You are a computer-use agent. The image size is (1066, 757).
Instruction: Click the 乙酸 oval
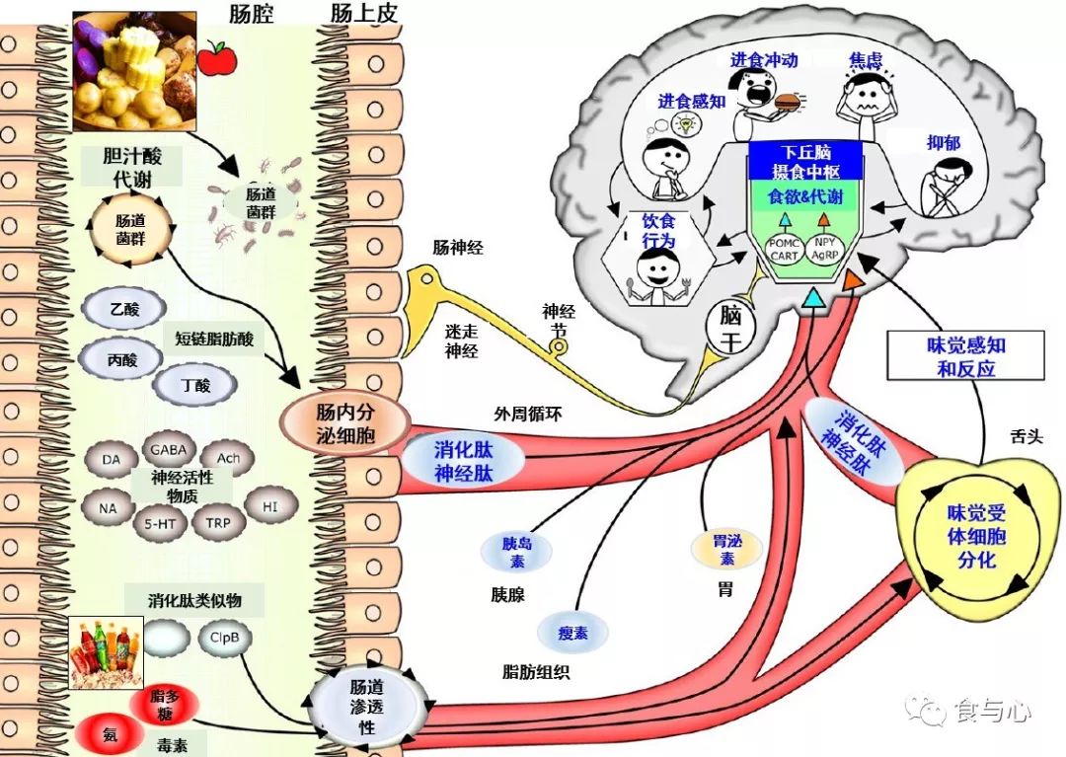tap(125, 309)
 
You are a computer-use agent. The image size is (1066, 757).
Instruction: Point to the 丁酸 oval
tap(196, 386)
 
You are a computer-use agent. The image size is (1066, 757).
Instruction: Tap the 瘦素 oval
tap(572, 634)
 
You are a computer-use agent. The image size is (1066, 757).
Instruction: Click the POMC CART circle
tap(785, 249)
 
